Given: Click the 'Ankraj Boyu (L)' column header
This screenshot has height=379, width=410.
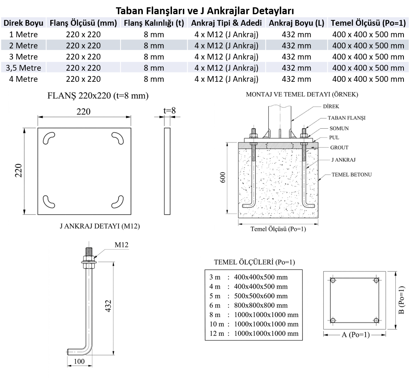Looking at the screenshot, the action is coord(296,23).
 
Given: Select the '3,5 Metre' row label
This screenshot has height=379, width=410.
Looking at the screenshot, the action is coord(23,68).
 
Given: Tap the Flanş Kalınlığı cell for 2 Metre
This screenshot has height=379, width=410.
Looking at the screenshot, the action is coord(154,46).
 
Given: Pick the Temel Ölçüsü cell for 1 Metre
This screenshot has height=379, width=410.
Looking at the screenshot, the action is coord(368,34).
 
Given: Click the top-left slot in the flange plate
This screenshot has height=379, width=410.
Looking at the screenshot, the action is coord(48,138).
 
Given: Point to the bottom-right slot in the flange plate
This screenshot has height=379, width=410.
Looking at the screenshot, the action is coord(118,202).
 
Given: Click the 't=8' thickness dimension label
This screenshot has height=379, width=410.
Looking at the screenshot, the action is coord(169,111).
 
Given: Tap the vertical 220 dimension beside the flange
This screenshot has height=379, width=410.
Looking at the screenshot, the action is coord(18,170).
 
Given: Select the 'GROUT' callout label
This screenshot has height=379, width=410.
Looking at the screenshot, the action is coord(339,147).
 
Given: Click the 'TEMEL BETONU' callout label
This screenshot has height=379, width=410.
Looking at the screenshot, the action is coord(352,174).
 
